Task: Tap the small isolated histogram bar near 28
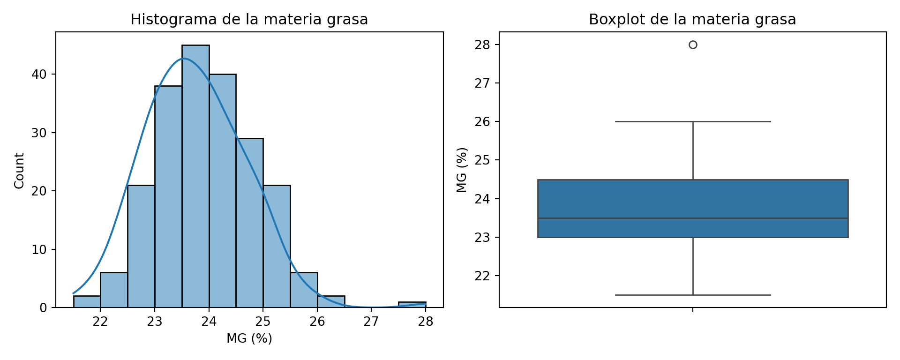[x=412, y=305]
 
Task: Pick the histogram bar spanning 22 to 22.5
[x=114, y=290]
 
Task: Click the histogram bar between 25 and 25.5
[x=277, y=247]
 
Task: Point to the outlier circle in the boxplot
[x=693, y=45]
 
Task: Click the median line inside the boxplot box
[x=693, y=218]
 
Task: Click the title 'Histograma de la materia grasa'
[x=249, y=20]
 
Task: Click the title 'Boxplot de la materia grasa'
[x=692, y=20]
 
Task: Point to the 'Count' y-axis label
[x=19, y=171]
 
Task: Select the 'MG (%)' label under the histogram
[x=249, y=338]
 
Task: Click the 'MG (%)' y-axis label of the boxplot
[x=462, y=170]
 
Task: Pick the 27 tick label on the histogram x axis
[x=371, y=322]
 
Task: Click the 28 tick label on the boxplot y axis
[x=482, y=45]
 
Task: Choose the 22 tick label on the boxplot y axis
[x=482, y=276]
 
